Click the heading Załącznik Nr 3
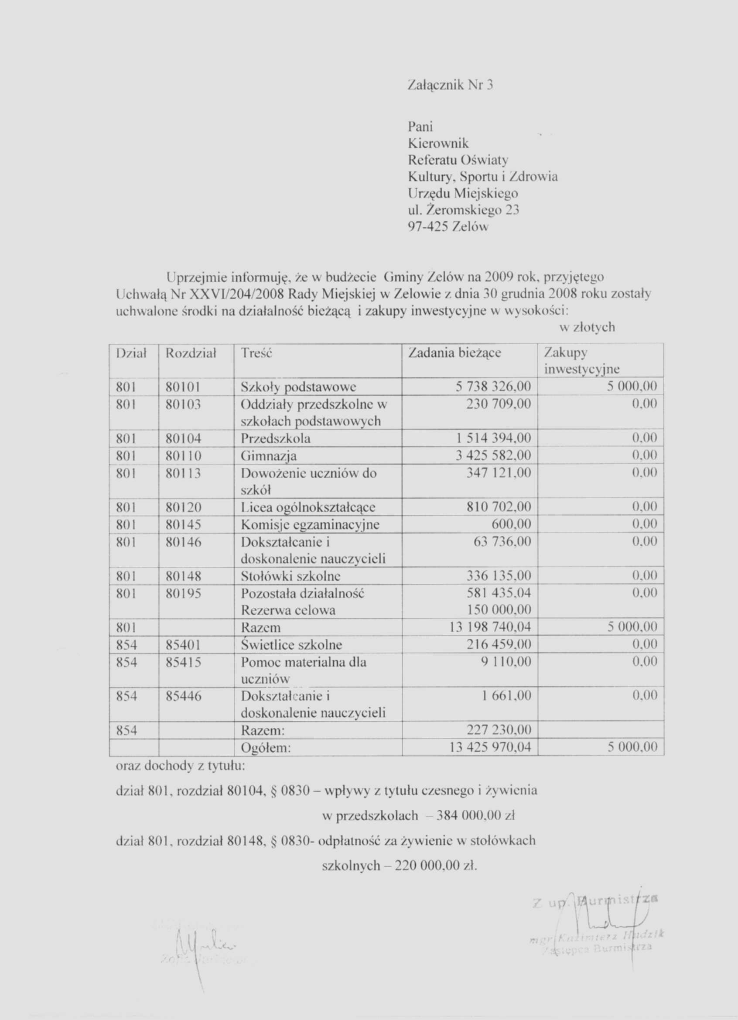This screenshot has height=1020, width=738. [x=450, y=85]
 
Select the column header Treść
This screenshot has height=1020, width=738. [x=257, y=353]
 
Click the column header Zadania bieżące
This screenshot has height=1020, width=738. [x=454, y=353]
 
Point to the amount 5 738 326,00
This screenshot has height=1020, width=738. [x=493, y=387]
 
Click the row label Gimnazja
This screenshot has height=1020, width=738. [x=269, y=456]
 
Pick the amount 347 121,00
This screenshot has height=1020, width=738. [x=499, y=472]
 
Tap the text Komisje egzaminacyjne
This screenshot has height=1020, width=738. [x=310, y=524]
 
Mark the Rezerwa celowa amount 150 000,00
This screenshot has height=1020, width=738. [x=499, y=610]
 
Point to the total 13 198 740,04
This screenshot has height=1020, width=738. [x=490, y=627]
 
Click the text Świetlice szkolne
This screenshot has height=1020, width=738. [x=291, y=645]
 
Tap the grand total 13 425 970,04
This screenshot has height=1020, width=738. [x=490, y=747]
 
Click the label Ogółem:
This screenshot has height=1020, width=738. [x=266, y=747]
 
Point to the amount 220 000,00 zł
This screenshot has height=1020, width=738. [x=435, y=866]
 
